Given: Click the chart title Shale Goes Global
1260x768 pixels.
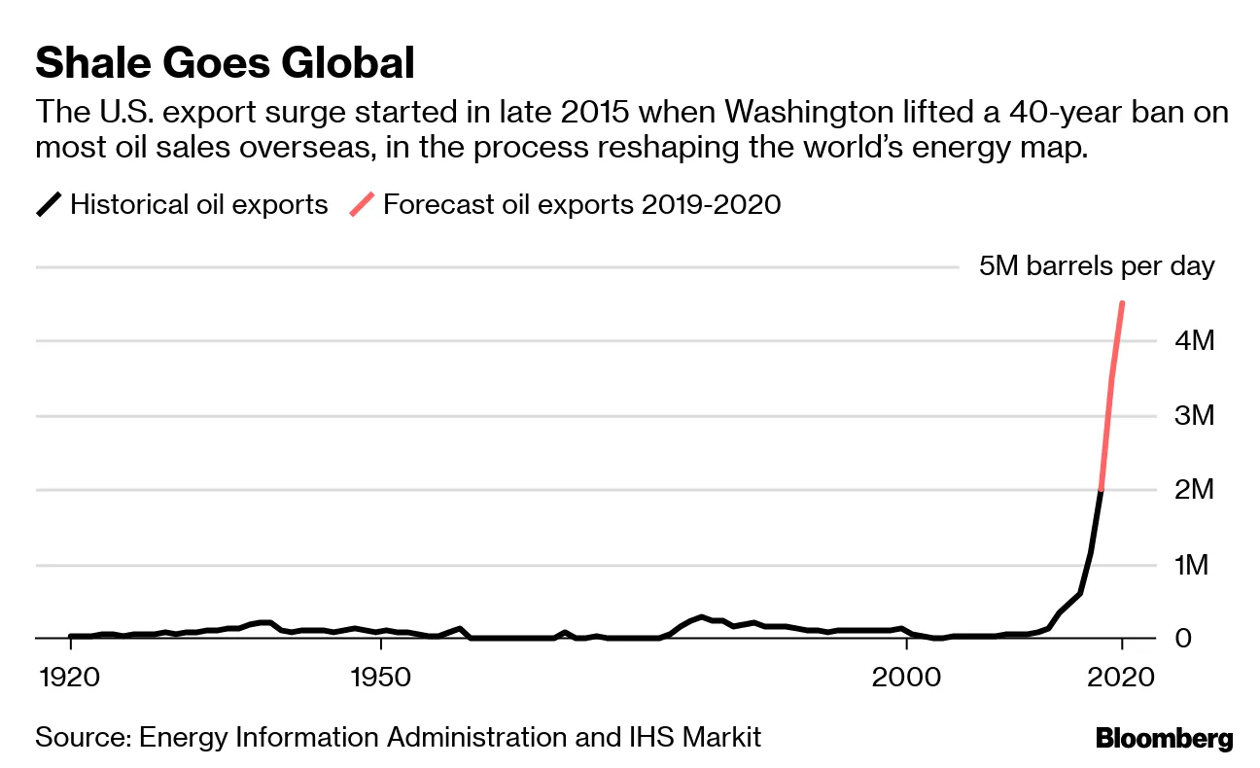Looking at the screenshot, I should click(x=226, y=64).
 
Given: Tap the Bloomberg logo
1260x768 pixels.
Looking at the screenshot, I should click(x=1164, y=738).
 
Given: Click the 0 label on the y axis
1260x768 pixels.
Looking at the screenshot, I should click(x=1183, y=639).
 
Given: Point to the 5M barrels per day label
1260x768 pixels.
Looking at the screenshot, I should click(x=1097, y=266).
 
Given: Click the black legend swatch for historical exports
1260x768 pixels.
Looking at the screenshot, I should click(x=50, y=205).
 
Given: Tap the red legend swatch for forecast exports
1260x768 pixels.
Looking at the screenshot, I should click(x=363, y=205).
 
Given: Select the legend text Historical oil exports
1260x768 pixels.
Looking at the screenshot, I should click(x=199, y=205).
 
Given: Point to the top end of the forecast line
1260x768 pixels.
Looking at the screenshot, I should click(x=1122, y=303).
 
